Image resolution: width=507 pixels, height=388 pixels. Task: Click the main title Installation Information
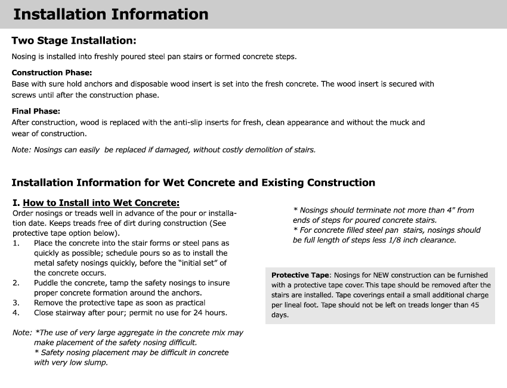(111, 14)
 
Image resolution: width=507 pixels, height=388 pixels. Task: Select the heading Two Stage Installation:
(74, 41)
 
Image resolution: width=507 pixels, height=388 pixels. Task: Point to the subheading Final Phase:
(36, 111)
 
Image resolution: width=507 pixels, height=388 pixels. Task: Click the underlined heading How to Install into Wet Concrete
(101, 203)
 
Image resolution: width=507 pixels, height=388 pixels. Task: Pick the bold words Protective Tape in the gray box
(300, 275)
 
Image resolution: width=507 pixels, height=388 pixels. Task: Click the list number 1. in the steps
(16, 244)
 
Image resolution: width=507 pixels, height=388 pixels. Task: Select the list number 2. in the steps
(16, 283)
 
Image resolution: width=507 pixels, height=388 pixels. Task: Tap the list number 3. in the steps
(16, 303)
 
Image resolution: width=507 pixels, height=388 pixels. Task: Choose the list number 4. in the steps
(16, 312)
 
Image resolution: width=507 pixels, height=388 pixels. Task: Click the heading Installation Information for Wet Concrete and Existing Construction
(193, 182)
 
